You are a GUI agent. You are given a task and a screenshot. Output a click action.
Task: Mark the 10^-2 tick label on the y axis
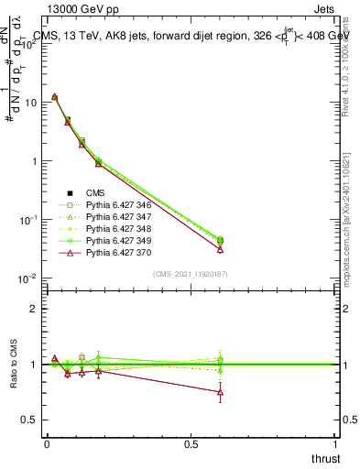pos(27,278)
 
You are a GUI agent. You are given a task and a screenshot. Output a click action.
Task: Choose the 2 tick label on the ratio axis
pos(33,309)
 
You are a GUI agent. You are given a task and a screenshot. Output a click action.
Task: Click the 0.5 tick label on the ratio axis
pos(29,420)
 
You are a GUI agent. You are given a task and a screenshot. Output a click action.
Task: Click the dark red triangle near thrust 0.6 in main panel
pos(220,248)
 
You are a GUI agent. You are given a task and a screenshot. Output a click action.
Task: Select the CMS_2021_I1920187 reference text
pos(190,274)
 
